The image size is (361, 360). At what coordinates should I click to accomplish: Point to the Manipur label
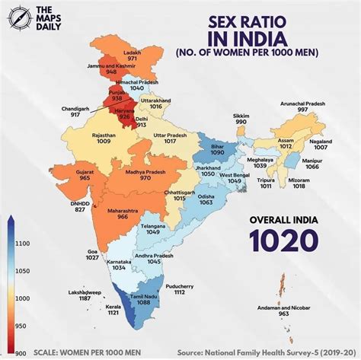319,161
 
